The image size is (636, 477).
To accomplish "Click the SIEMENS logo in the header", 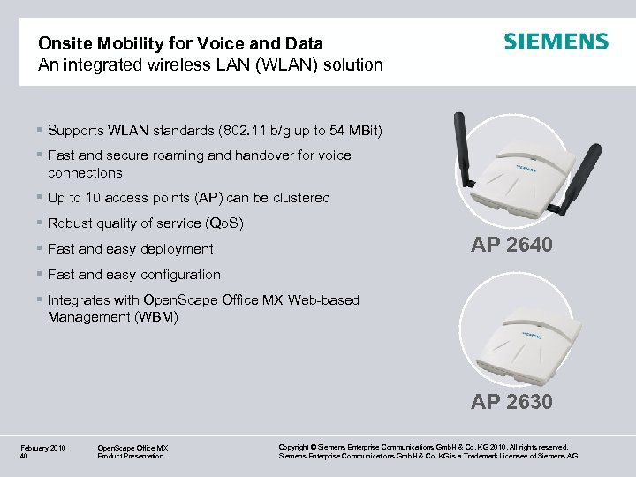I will pos(556,42).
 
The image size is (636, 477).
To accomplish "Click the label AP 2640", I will pos(512,245).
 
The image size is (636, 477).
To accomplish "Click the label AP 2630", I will pos(512,402).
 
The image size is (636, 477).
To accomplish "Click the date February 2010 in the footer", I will pos(42,448).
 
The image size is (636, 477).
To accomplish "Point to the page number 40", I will pos(24,457).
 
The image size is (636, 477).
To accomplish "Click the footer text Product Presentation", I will pos(131,457).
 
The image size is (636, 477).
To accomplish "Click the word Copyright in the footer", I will pos(294,448).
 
